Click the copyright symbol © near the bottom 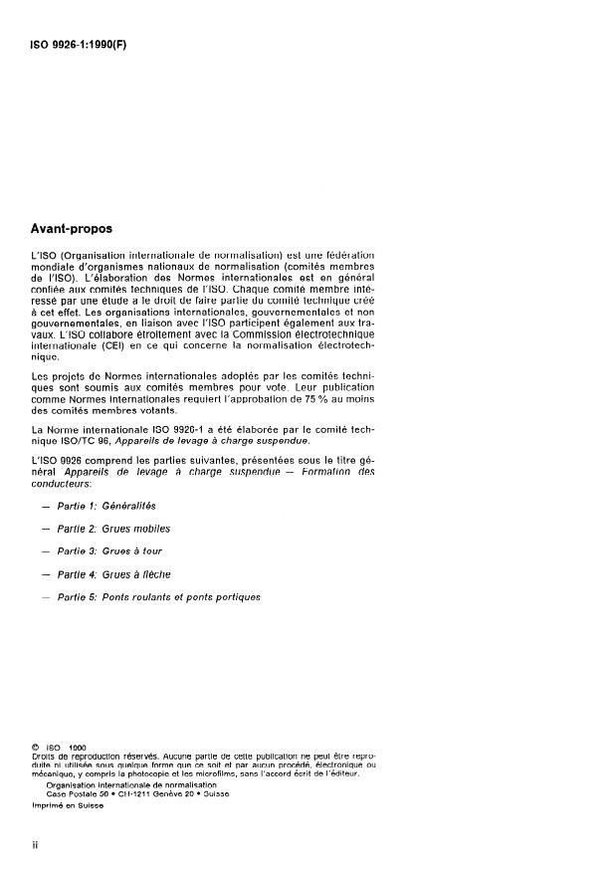(x=36, y=747)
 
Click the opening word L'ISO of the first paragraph (x=43, y=257)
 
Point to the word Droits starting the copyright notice (x=44, y=756)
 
